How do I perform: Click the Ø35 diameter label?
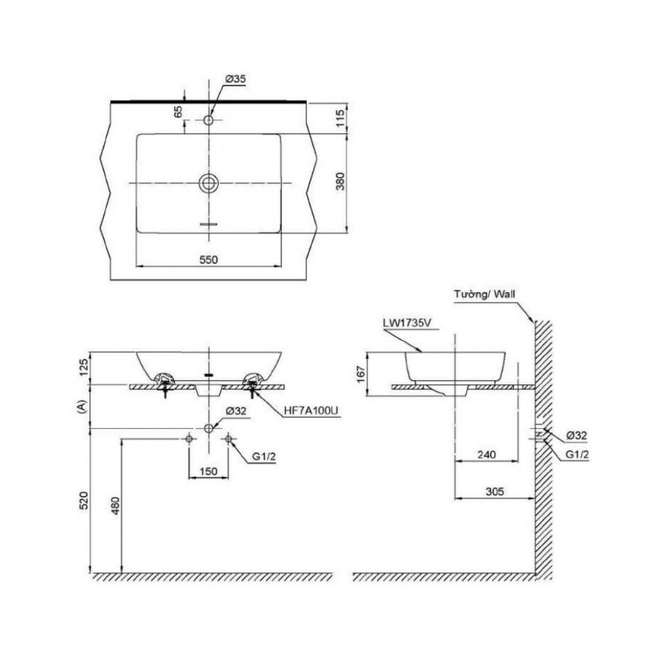click(235, 79)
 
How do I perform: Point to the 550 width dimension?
click(208, 259)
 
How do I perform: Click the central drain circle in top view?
click(209, 182)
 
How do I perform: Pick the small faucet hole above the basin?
click(209, 120)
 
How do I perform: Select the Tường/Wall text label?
click(484, 294)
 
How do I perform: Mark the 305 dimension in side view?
click(494, 491)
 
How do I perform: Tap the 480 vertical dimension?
click(115, 505)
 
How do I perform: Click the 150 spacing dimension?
click(209, 471)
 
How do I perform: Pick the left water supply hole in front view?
click(189, 439)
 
